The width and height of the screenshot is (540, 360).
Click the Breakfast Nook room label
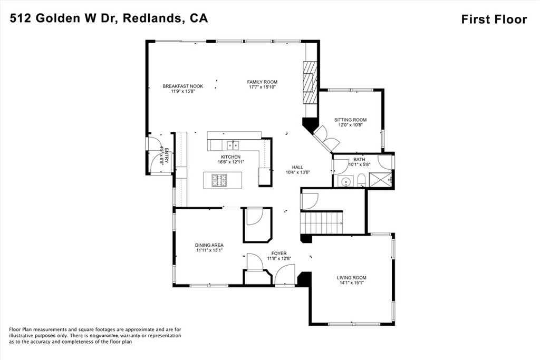click(182, 86)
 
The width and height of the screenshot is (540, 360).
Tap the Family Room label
click(262, 82)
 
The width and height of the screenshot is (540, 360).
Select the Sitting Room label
click(350, 120)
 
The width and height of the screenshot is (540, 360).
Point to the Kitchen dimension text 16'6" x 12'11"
click(230, 162)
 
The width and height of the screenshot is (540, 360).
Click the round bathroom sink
click(346, 182)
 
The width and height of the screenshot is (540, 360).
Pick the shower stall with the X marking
click(381, 179)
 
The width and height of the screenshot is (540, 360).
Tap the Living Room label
click(351, 277)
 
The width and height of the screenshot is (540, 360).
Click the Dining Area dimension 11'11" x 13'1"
click(209, 250)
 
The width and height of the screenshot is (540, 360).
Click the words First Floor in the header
click(494, 20)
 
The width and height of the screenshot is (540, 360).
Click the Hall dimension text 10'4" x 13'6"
click(297, 172)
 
